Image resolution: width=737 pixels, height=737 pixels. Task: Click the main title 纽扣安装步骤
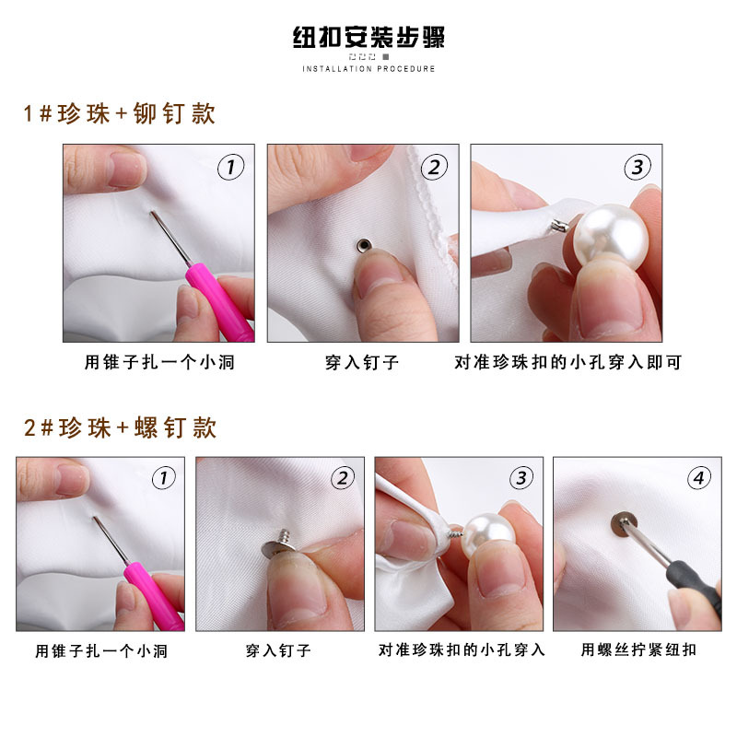tap(368, 38)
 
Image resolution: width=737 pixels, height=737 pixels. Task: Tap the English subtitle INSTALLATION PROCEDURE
tap(368, 69)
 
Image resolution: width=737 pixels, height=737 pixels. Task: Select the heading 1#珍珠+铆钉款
tap(120, 114)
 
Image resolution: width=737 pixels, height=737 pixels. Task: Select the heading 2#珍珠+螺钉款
tap(120, 427)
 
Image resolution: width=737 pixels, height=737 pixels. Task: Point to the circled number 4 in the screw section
tap(699, 478)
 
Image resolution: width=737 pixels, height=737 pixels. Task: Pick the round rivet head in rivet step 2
tap(363, 245)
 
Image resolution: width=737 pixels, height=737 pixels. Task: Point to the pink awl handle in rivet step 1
tap(219, 299)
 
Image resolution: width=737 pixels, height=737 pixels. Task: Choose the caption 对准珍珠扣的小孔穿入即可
tap(568, 363)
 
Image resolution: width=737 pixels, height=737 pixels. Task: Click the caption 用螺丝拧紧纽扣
tap(638, 650)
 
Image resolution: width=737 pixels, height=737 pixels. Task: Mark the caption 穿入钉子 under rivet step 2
tap(362, 363)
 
